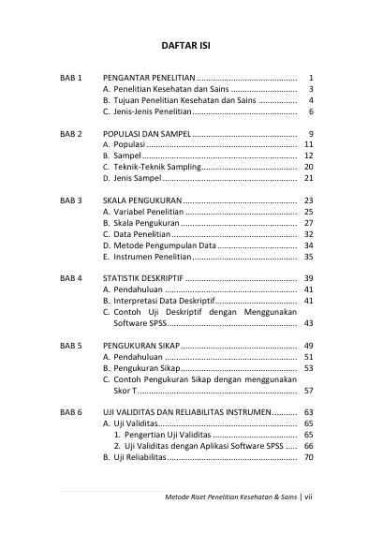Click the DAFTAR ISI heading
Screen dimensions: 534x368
184,44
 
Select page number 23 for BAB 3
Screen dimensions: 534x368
308,200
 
